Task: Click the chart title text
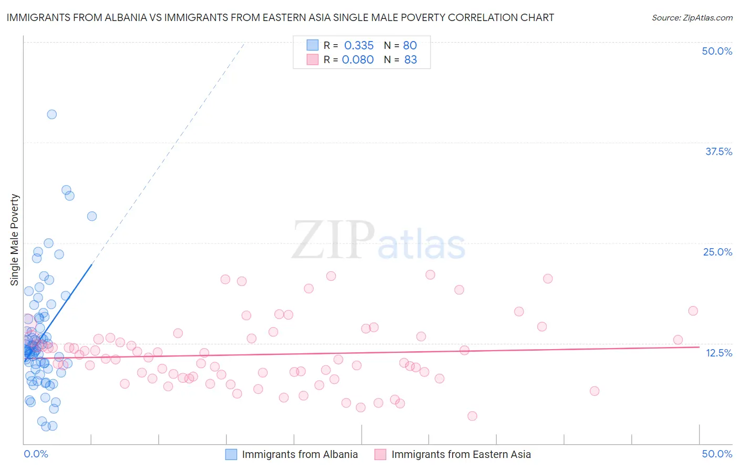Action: tap(280, 17)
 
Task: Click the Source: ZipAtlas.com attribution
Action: tap(692, 17)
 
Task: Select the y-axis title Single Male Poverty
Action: tap(15, 240)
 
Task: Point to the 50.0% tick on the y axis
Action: tap(717, 51)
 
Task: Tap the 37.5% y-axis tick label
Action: tap(719, 151)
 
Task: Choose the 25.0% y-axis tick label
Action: tap(717, 252)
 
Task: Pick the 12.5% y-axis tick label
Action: tap(719, 353)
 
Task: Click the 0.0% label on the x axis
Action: tap(36, 454)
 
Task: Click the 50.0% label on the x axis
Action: tap(717, 454)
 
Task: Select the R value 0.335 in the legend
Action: tap(359, 45)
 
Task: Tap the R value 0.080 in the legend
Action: tap(358, 59)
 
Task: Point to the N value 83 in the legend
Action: tap(410, 59)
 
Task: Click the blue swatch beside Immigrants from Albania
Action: tap(231, 454)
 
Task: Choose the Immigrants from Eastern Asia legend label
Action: tap(461, 454)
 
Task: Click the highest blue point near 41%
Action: tap(52, 114)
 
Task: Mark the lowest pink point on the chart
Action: tap(472, 416)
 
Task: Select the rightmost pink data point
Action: tap(693, 311)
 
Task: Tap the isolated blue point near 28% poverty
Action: tap(91, 216)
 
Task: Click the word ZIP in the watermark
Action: tap(333, 240)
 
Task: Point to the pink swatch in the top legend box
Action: tap(313, 59)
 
